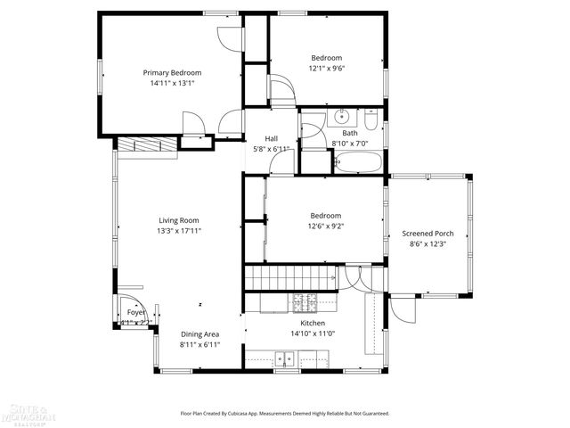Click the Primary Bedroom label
click(x=173, y=72)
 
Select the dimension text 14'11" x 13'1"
click(x=173, y=82)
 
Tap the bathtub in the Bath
click(x=358, y=163)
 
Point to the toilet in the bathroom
click(x=371, y=118)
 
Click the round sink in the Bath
click(x=341, y=117)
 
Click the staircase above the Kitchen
click(x=289, y=277)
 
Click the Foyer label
click(x=135, y=312)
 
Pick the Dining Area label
click(x=199, y=334)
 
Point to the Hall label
click(x=273, y=138)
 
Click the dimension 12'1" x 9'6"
click(x=326, y=68)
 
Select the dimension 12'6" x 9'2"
click(x=326, y=226)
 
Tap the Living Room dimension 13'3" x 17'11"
click(x=179, y=230)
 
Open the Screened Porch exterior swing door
click(x=402, y=309)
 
